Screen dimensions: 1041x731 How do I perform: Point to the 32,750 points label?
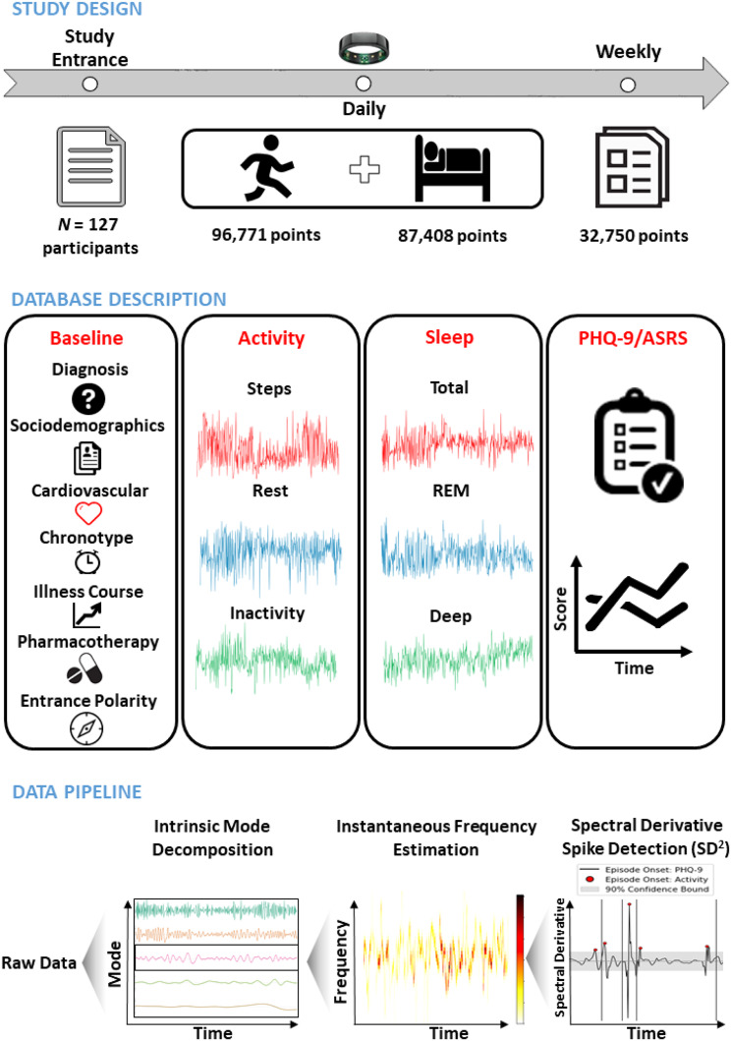(635, 235)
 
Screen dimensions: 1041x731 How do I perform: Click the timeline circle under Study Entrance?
(89, 84)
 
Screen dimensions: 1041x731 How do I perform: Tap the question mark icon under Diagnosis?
(96, 398)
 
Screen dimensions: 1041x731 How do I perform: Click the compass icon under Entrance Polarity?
(96, 726)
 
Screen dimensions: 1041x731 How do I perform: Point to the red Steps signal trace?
(267, 441)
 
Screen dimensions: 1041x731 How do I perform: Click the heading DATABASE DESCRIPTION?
(116, 298)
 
